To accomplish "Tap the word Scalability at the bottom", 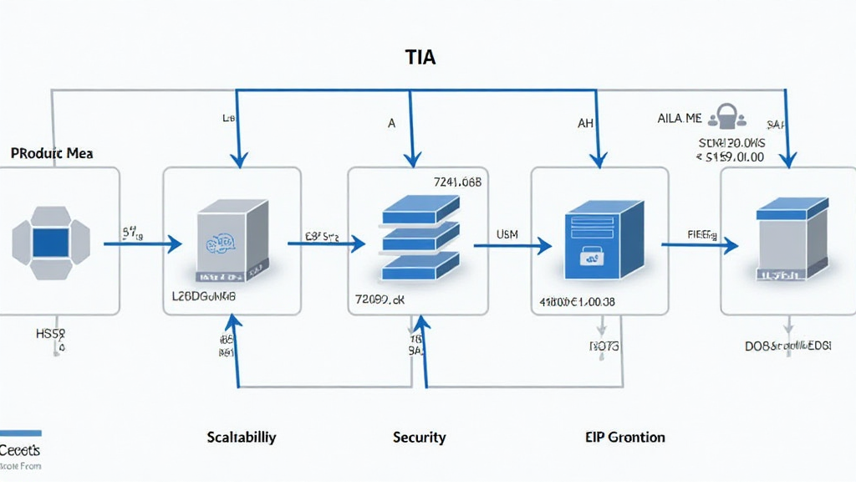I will pyautogui.click(x=242, y=437).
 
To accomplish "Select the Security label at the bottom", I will pyautogui.click(x=419, y=437).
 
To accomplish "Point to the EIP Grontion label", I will pyautogui.click(x=625, y=437).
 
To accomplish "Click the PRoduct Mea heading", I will pyautogui.click(x=52, y=154).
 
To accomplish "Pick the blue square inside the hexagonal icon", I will pyautogui.click(x=50, y=241).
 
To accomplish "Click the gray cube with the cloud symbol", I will pyautogui.click(x=232, y=242).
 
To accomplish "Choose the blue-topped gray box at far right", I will pyautogui.click(x=792, y=240).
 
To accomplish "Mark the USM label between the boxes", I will pyautogui.click(x=507, y=235).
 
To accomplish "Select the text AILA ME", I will pyautogui.click(x=680, y=120).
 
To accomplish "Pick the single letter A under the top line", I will pyautogui.click(x=391, y=123).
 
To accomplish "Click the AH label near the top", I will pyautogui.click(x=585, y=123).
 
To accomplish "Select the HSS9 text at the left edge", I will pyautogui.click(x=49, y=334).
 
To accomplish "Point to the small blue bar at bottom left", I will pyautogui.click(x=20, y=433).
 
